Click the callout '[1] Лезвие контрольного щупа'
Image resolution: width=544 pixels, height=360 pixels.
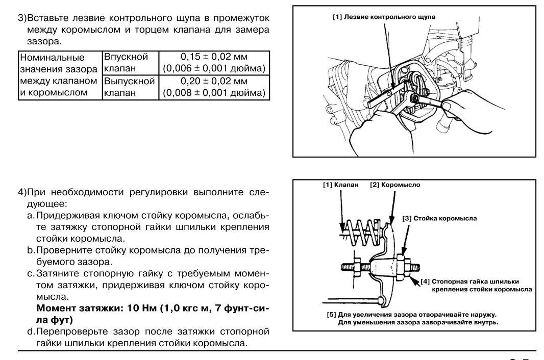(384, 17)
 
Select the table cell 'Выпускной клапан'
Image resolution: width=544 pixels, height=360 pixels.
(129, 87)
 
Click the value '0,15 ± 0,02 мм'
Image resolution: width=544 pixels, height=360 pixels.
(214, 57)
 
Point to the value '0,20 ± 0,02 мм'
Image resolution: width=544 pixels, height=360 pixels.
(214, 81)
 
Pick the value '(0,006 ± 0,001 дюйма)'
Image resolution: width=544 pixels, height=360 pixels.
(214, 68)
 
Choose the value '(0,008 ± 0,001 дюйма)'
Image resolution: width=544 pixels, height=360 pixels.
(214, 93)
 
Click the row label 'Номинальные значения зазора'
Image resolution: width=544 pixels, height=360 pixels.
(58, 63)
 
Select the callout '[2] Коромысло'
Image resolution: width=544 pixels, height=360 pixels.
(395, 185)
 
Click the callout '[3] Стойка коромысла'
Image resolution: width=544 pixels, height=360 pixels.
(439, 218)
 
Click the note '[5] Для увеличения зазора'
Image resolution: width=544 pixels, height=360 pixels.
(412, 315)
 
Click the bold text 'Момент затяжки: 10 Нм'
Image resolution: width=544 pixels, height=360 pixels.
(97, 308)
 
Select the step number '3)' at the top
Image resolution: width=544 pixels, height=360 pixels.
(22, 18)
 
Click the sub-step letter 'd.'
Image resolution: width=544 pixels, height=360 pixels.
(31, 332)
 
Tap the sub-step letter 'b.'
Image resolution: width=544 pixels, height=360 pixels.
(31, 250)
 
